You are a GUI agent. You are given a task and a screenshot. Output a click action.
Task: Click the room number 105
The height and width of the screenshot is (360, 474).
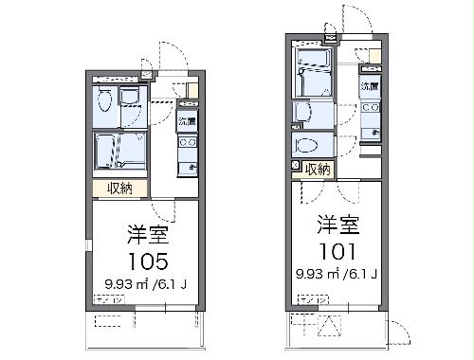[145, 260]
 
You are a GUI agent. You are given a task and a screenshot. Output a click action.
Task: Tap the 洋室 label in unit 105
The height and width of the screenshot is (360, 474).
[145, 234]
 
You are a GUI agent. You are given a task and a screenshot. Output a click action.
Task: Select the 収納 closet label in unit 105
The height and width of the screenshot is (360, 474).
[119, 189]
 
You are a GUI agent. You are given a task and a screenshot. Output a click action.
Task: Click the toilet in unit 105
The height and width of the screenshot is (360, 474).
[105, 100]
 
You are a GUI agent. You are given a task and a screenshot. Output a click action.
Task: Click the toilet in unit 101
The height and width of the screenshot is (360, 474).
[307, 145]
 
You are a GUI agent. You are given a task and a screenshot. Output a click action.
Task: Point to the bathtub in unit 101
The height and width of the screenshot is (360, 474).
[314, 81]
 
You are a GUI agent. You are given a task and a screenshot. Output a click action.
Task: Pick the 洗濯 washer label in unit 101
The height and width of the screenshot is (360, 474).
[370, 87]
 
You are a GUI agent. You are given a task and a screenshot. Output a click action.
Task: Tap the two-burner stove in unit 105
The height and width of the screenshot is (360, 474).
[187, 143]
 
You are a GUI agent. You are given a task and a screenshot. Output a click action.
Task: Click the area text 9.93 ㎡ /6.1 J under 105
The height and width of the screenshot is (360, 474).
[145, 283]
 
